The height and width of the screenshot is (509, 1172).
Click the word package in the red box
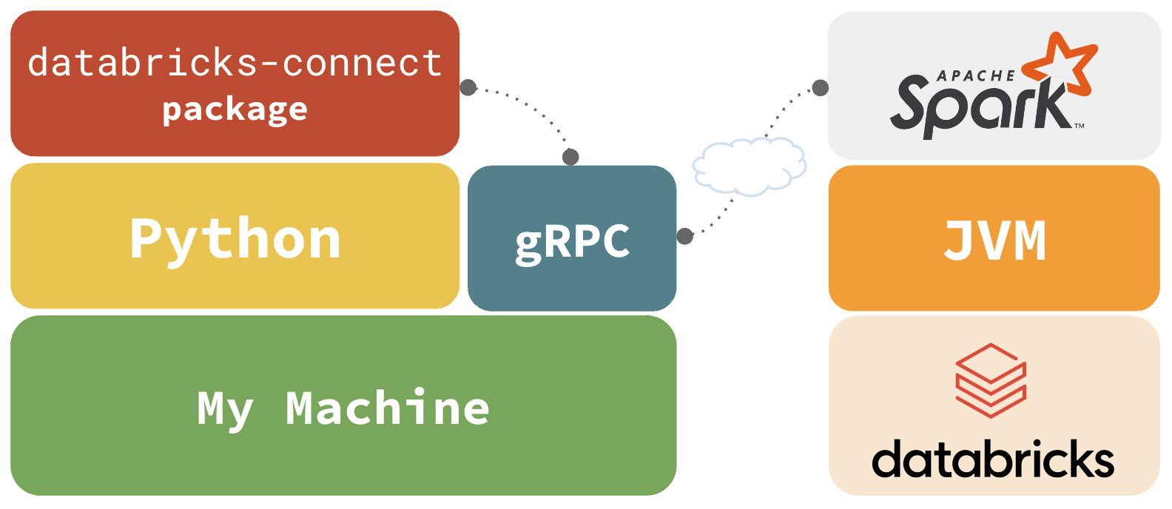pos(235,110)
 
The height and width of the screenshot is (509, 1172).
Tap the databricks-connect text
pos(235,63)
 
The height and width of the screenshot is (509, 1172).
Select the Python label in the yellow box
pos(235,239)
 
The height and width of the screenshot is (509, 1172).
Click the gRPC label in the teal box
pos(572,241)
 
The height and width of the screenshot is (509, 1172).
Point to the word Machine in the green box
pos(387,408)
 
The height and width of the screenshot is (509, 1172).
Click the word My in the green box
pos(225,408)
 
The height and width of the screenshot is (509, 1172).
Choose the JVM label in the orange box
pos(994,240)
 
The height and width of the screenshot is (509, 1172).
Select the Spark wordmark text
pos(977,106)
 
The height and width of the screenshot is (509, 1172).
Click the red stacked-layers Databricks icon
pos(991,380)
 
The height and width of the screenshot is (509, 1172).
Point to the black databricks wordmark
pos(993,459)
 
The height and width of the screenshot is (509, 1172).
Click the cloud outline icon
pos(749,166)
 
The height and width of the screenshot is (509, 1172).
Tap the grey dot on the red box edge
pos(468,87)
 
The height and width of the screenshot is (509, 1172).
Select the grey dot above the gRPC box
pos(570,157)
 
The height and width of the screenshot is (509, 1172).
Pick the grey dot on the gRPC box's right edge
pos(685,236)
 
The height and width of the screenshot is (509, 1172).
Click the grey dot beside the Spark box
pos(820,88)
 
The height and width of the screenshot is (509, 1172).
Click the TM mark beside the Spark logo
pos(1080,126)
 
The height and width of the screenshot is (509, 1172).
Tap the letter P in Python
pos(146,239)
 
